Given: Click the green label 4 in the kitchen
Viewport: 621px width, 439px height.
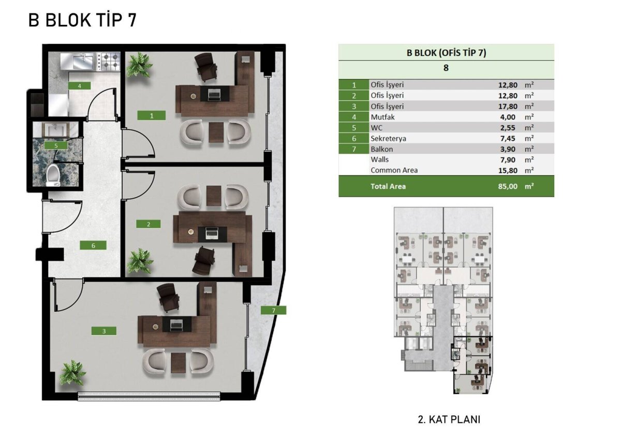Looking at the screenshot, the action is (79, 86).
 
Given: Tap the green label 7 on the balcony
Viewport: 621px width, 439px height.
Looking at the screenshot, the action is (273, 310).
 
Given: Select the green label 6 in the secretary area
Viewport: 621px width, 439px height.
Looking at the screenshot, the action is (93, 245).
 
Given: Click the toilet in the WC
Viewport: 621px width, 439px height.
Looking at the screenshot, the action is (53, 175).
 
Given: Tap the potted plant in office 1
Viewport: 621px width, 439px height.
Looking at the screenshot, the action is (139, 65).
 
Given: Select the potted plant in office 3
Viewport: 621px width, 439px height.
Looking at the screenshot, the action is (73, 373).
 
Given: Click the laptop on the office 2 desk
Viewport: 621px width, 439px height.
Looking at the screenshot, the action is (212, 234).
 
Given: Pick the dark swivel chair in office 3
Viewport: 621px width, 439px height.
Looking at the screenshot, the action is (168, 298).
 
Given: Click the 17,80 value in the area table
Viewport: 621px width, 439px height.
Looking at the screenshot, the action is (508, 107).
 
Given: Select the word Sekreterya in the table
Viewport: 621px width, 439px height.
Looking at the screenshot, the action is (388, 138).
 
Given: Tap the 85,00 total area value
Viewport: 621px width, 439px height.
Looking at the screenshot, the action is (508, 186).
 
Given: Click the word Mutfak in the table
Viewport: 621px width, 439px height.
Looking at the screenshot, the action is (382, 117).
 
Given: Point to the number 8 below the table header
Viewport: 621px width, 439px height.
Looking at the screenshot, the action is (446, 68).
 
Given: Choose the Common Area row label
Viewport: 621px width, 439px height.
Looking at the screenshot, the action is (394, 170).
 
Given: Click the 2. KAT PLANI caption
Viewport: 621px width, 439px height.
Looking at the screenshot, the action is (449, 420).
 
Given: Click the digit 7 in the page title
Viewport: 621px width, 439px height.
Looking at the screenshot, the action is (132, 20).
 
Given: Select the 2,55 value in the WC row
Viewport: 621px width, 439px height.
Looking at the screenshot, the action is (508, 128).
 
